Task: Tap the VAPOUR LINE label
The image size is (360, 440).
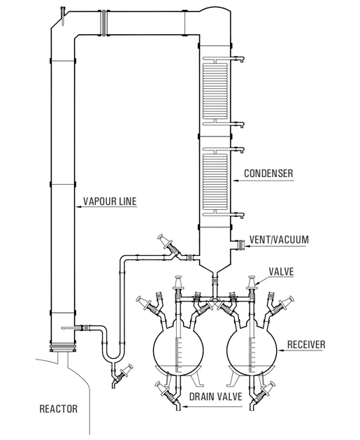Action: pyautogui.click(x=110, y=203)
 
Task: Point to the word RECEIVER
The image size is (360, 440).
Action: pyautogui.click(x=307, y=345)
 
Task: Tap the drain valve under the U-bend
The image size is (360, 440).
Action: pyautogui.click(x=124, y=374)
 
